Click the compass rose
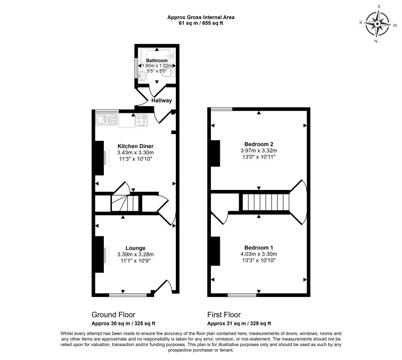[377, 23]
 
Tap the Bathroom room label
[156, 60]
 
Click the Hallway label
[161, 100]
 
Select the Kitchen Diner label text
[135, 146]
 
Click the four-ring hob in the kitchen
[142, 120]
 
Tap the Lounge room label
[135, 248]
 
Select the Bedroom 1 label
[259, 248]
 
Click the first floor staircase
[264, 202]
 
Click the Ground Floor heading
[113, 315]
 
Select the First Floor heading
[224, 315]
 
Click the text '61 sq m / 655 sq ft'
[201, 23]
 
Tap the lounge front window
[128, 295]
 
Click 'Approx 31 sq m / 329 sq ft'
[239, 324]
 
